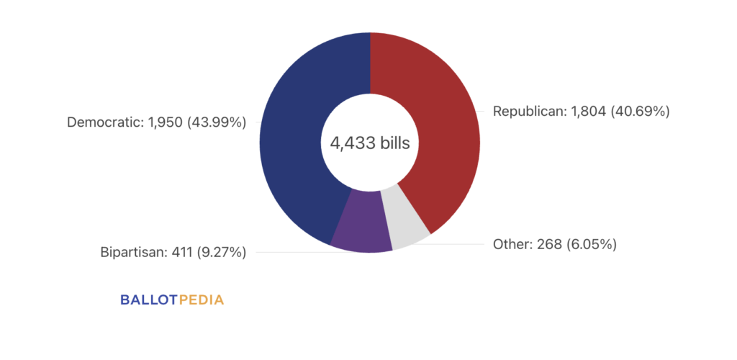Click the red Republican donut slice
[x=439, y=130]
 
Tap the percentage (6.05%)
[x=592, y=244]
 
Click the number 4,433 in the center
[x=349, y=143]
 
